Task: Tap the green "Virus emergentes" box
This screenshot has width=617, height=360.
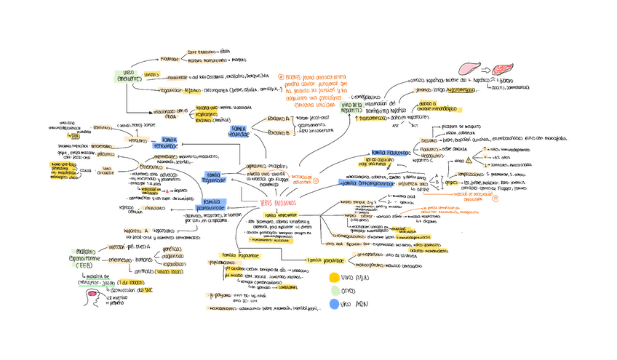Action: click(x=128, y=76)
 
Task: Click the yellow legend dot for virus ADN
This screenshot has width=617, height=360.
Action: click(x=334, y=277)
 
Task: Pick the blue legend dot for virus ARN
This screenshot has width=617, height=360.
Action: click(x=334, y=306)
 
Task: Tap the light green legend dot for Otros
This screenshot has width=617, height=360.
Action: click(x=334, y=292)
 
